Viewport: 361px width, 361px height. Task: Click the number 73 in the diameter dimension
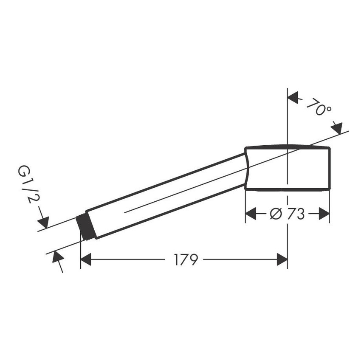[x=295, y=214]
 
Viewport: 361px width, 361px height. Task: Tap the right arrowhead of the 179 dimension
[x=282, y=259]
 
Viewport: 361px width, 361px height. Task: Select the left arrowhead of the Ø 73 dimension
[x=251, y=214]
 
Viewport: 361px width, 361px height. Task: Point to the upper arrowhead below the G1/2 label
[x=44, y=222]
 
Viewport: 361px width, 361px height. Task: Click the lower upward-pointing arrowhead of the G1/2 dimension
[x=55, y=256]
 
